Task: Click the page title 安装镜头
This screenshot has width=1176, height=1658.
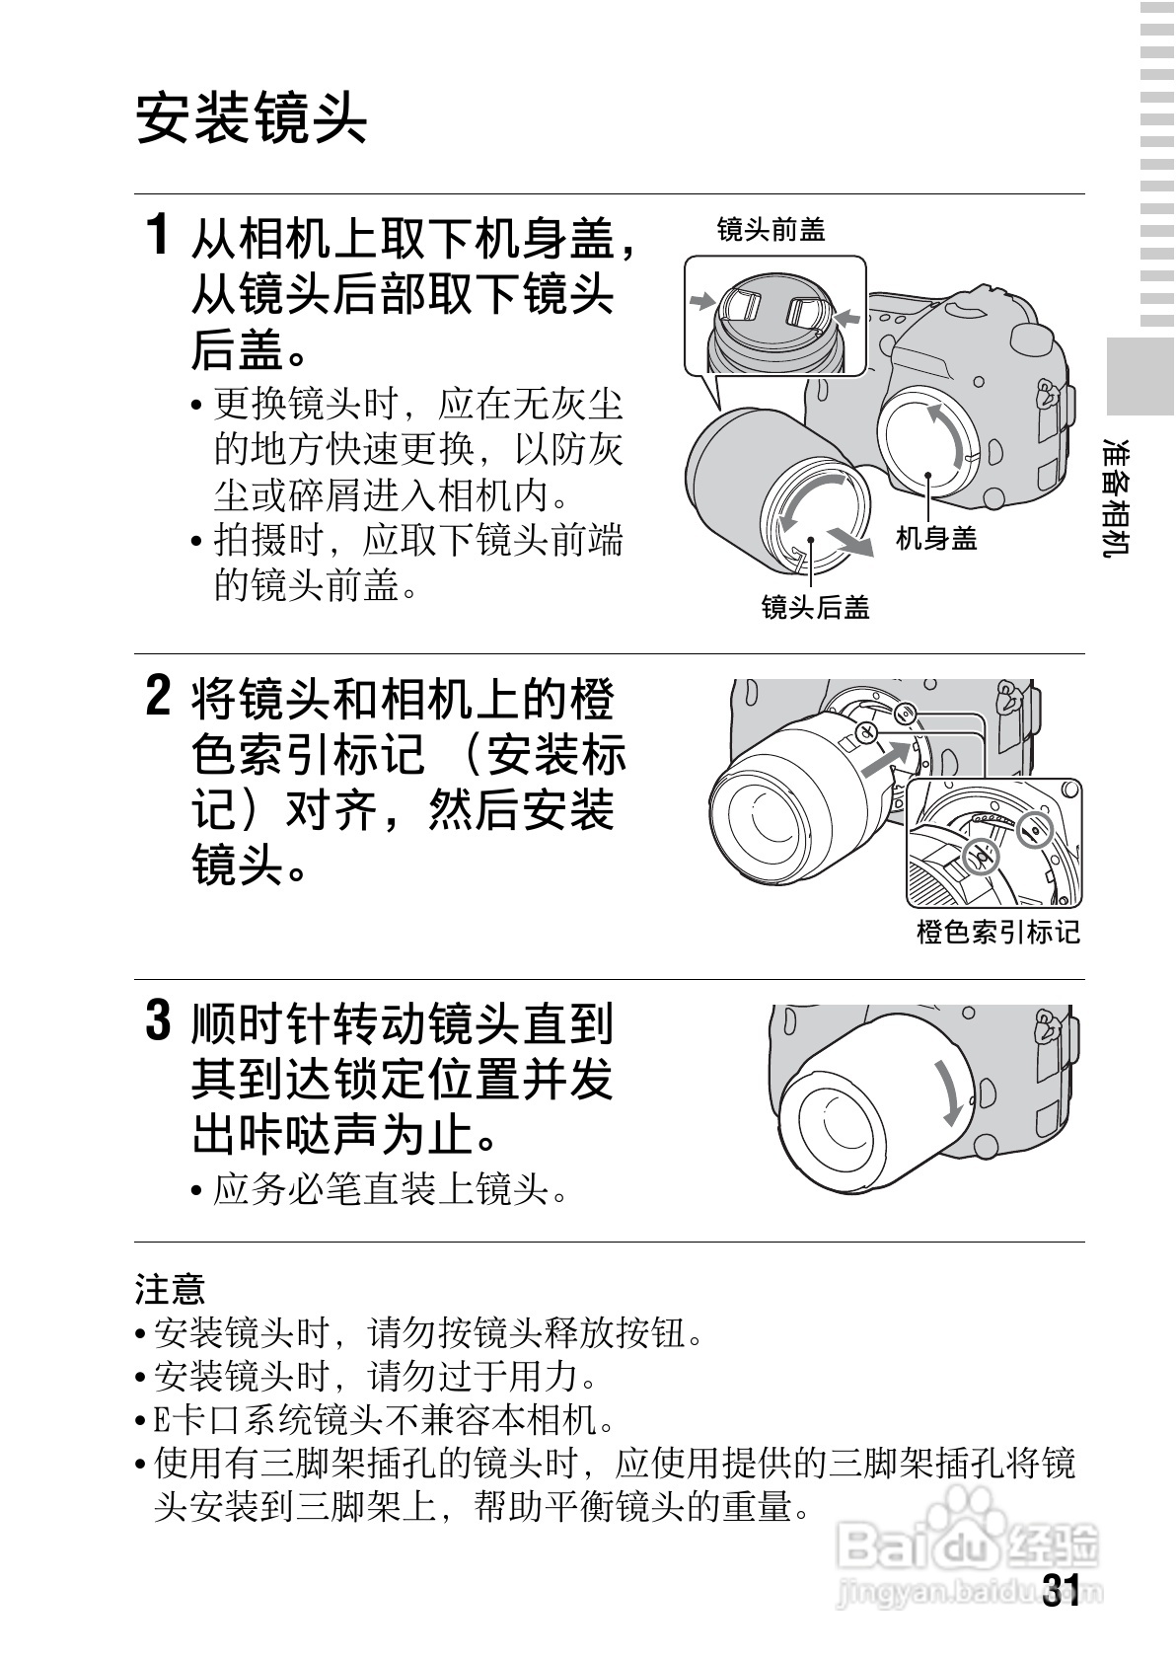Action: point(251,119)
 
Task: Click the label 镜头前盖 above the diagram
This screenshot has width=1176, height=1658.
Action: point(771,230)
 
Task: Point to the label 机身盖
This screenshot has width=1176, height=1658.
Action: point(935,538)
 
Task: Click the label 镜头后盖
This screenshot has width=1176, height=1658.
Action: point(815,607)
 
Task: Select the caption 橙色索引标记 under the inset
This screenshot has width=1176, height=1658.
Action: point(997,932)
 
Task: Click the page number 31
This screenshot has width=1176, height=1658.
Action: point(1061,1591)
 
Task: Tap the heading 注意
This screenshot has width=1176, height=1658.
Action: point(169,1289)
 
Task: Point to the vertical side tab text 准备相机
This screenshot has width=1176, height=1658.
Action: point(1119,497)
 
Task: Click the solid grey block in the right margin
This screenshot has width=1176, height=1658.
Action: point(1139,376)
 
